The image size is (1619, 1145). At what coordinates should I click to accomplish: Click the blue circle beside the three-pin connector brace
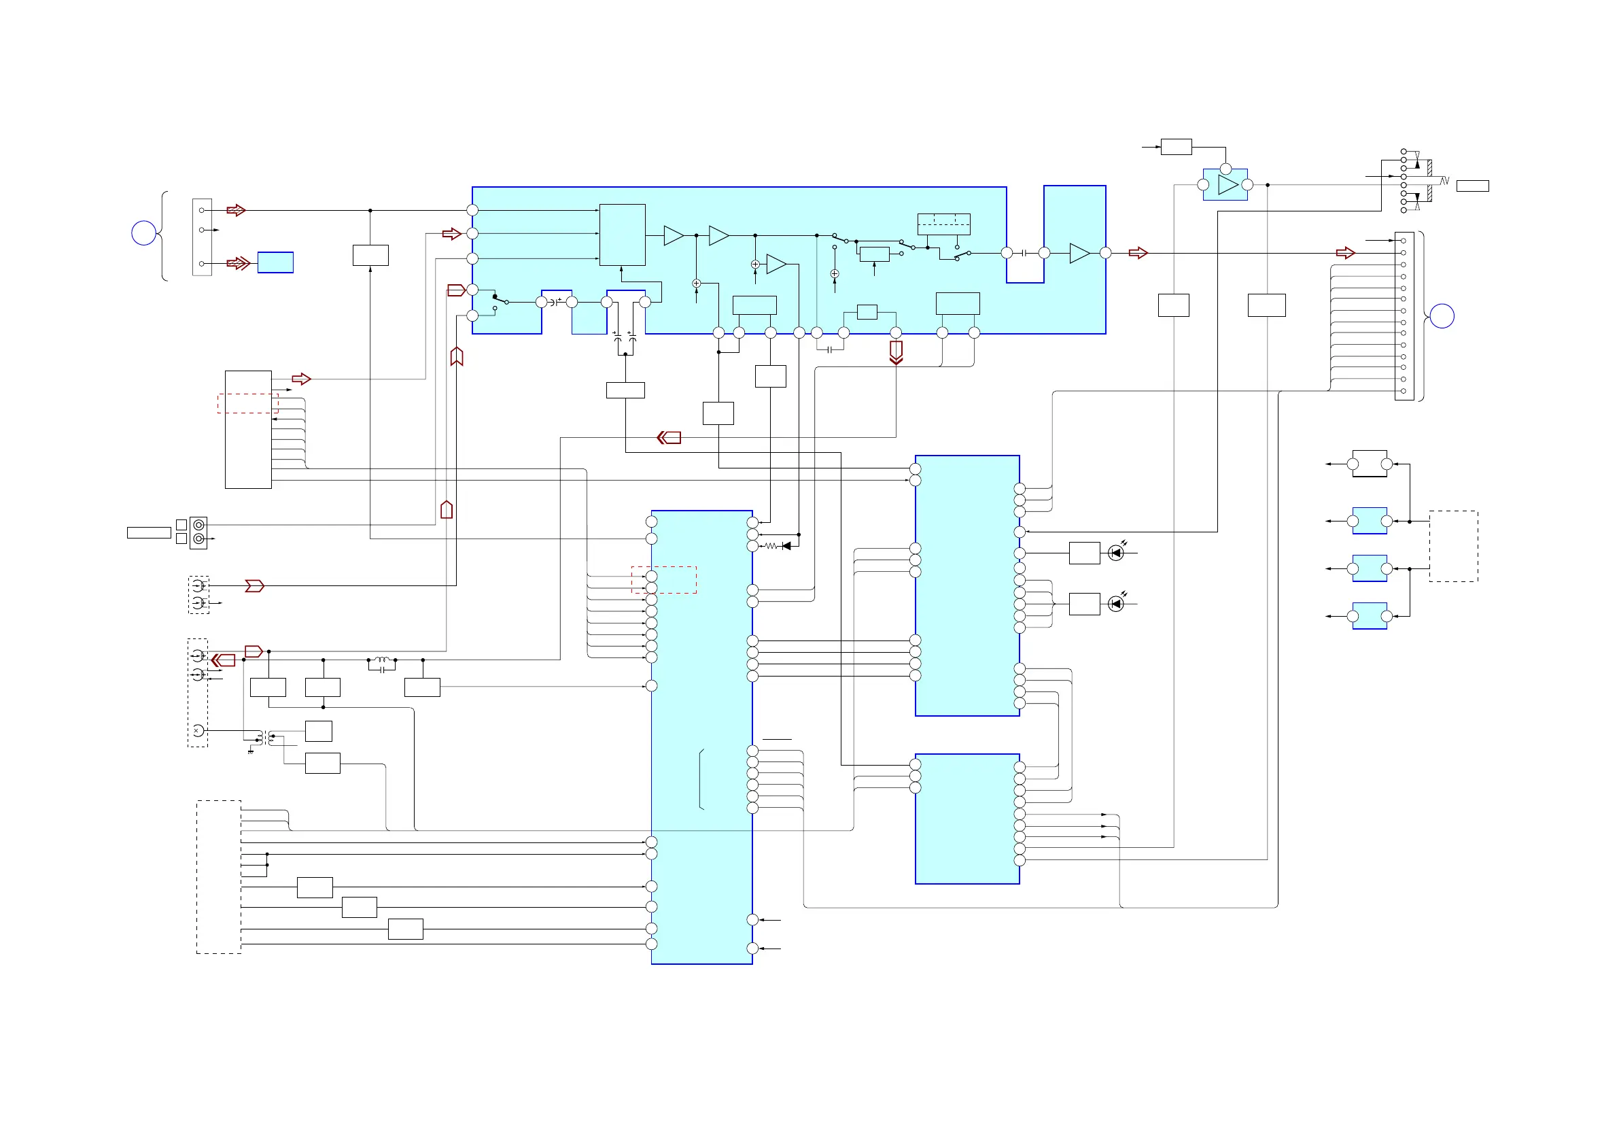click(x=144, y=233)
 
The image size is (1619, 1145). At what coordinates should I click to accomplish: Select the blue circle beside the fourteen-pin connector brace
click(x=1442, y=316)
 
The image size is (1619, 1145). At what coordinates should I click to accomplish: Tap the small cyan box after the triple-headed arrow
click(x=275, y=262)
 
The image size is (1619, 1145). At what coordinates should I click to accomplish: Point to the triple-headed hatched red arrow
click(x=239, y=264)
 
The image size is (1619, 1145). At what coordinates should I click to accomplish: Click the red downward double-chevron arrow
click(x=896, y=353)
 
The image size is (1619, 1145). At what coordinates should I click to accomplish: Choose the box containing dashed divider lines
click(x=943, y=224)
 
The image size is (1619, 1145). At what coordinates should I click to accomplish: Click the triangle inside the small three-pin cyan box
click(x=1228, y=185)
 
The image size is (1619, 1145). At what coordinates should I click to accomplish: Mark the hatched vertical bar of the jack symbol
click(x=1429, y=181)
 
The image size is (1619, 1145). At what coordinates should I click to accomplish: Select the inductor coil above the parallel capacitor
click(x=381, y=660)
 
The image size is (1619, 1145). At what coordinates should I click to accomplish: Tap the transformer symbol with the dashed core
click(x=265, y=738)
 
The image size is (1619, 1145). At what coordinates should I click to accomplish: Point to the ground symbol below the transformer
click(x=250, y=752)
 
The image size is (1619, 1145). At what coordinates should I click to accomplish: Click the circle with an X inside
click(x=198, y=731)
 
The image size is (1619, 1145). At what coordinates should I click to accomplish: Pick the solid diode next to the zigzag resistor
click(x=786, y=545)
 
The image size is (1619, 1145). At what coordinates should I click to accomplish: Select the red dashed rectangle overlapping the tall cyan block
click(x=663, y=580)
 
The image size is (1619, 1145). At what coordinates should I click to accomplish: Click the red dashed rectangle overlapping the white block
click(x=247, y=403)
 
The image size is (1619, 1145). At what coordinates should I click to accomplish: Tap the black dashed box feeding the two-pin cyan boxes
click(x=1453, y=546)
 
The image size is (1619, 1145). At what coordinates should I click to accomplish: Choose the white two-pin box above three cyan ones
click(x=1370, y=464)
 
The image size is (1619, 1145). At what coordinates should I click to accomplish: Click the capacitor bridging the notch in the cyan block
click(x=1024, y=252)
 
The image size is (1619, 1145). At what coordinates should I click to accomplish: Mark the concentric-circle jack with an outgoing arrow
click(x=199, y=539)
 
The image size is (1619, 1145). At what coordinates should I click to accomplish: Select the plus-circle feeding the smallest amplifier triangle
click(x=755, y=264)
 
